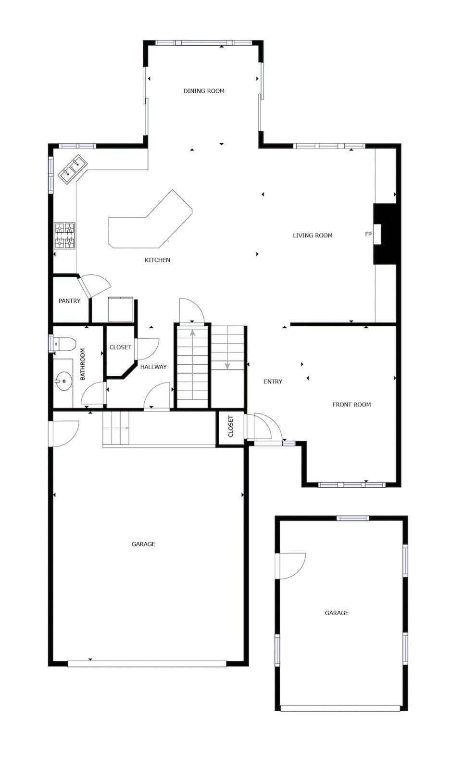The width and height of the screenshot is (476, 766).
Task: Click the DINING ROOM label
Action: point(204,91)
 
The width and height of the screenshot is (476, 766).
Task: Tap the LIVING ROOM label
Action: point(313,235)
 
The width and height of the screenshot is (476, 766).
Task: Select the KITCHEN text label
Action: point(157,260)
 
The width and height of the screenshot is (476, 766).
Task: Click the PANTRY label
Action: point(70,301)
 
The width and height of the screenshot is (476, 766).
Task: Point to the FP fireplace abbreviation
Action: point(368,235)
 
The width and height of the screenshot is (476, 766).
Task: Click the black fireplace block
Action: point(388,234)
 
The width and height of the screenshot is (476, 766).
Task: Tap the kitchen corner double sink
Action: point(72,168)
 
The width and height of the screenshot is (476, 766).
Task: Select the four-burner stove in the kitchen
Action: point(64,235)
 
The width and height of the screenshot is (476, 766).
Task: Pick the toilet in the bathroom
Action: point(65,344)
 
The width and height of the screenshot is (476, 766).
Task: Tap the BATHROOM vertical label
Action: point(82,364)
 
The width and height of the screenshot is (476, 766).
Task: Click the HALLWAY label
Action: point(153,367)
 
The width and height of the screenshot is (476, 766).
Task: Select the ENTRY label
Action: point(273,382)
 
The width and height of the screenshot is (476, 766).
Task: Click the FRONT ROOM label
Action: point(351,405)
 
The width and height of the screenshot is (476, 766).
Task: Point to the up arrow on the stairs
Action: point(193,333)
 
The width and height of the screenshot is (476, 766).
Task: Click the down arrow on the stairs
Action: point(227,365)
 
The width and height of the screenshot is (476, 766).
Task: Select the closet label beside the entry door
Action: point(230,426)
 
